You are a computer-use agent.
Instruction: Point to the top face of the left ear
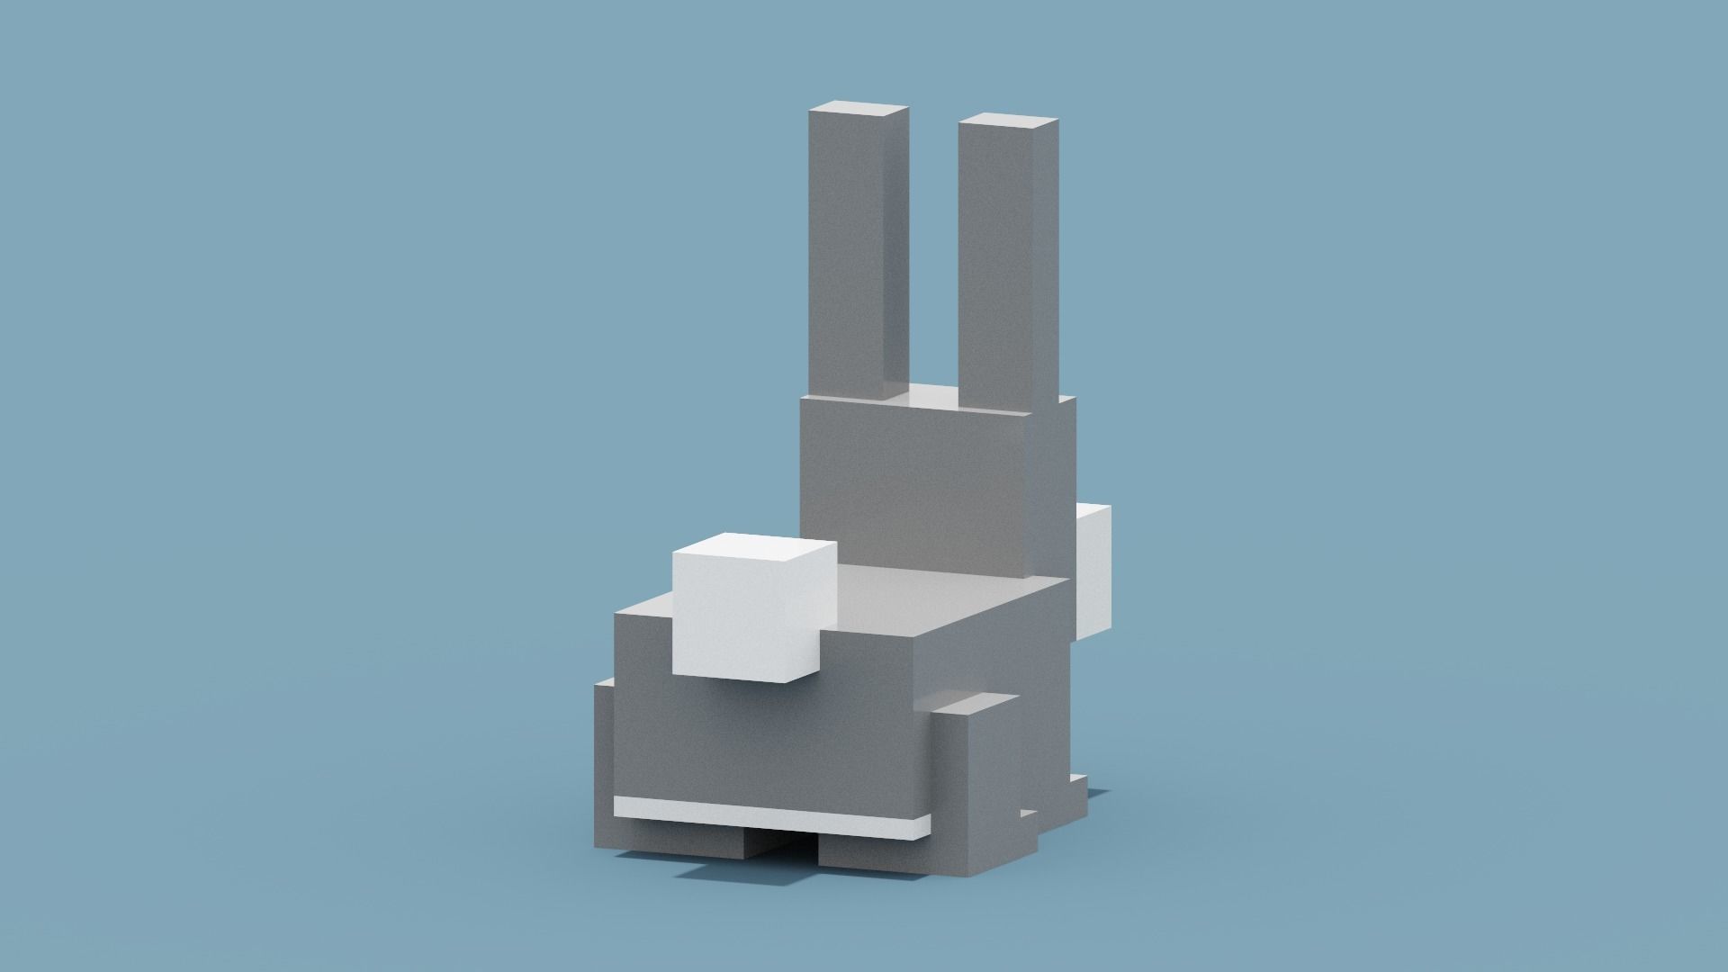click(x=859, y=112)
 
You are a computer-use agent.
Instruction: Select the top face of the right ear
click(x=1008, y=121)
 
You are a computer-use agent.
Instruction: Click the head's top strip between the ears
click(x=931, y=396)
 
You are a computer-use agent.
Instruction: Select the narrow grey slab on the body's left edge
click(x=603, y=765)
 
